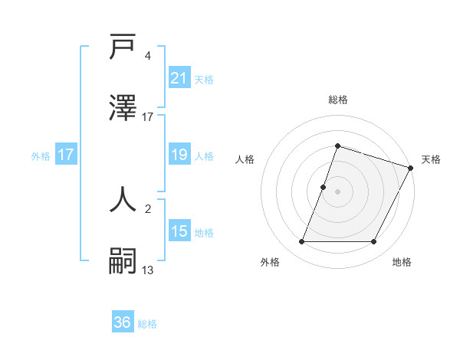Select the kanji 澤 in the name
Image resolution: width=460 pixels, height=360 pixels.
(123, 109)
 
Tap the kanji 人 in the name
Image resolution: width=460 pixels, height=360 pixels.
(123, 199)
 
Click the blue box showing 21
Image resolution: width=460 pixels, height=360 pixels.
(179, 78)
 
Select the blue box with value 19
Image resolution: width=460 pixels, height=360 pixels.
(179, 155)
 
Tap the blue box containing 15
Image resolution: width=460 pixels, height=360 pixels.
(179, 231)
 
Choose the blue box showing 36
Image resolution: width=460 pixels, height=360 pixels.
(123, 322)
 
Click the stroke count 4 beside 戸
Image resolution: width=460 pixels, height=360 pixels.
(147, 56)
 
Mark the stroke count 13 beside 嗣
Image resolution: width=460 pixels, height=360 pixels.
(148, 269)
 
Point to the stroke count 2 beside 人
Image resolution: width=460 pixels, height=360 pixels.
(147, 208)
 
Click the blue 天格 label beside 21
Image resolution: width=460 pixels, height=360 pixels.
(204, 79)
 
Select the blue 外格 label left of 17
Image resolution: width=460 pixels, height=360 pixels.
(41, 155)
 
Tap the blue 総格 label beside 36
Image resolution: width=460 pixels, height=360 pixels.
(147, 323)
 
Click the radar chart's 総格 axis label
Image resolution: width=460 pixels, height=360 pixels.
(337, 100)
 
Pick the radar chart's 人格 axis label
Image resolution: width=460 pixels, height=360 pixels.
(245, 159)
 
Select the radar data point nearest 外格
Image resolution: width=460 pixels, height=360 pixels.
(301, 242)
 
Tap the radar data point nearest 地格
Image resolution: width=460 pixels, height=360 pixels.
(373, 242)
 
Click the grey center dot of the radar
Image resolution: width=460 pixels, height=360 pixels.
(337, 191)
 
